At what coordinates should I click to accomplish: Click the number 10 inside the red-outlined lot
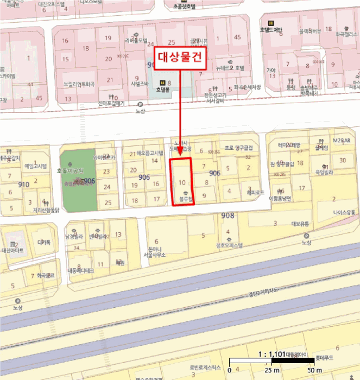coord(182,182)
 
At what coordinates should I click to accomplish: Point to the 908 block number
coord(228,216)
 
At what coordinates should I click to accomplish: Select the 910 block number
coord(23,185)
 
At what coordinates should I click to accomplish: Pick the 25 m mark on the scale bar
coord(270,370)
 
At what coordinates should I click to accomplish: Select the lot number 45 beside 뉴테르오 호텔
coord(237,37)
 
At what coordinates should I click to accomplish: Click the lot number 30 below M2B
coord(343,160)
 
